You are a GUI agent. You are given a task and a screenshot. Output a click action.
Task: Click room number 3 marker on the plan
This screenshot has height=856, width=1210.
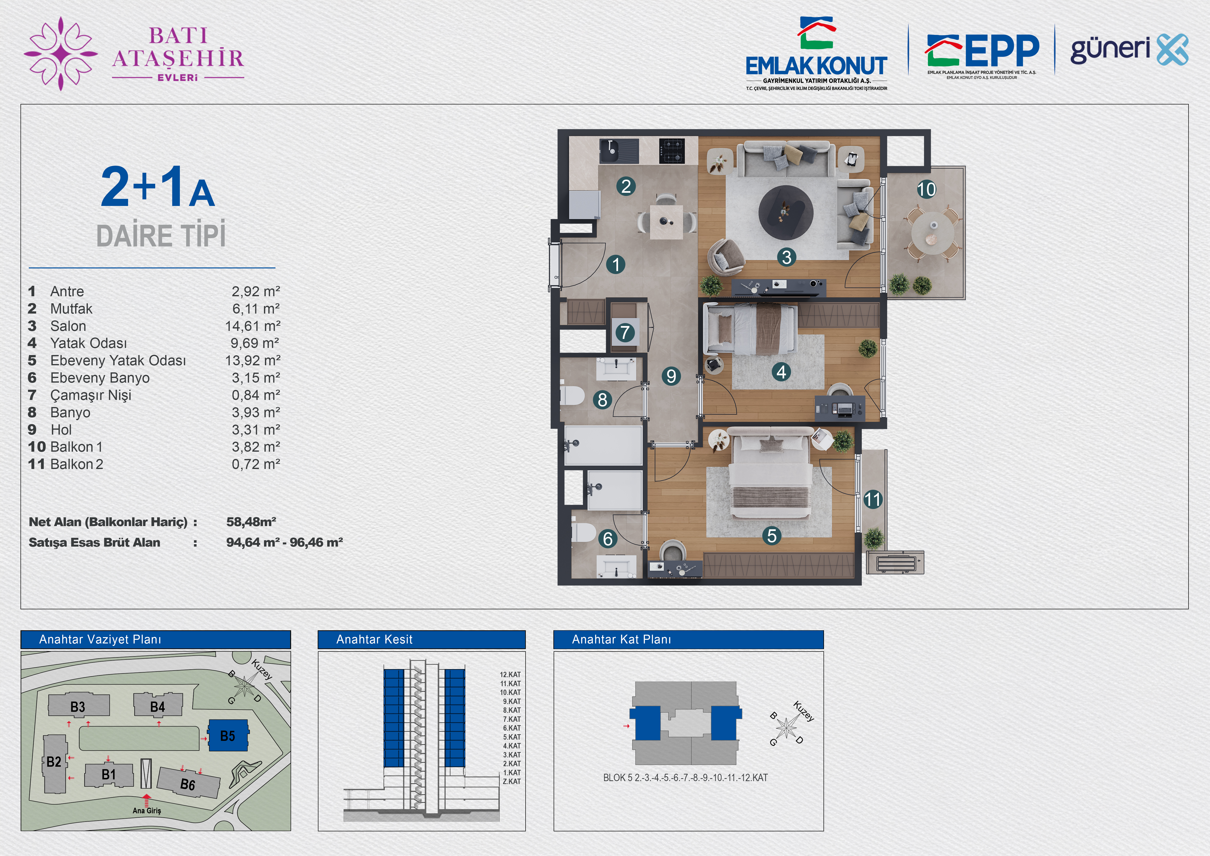click(x=786, y=257)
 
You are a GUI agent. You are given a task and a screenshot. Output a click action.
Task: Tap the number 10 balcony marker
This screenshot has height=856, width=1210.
click(x=926, y=189)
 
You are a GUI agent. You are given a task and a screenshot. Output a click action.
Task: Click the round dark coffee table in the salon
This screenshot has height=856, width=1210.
click(x=786, y=213)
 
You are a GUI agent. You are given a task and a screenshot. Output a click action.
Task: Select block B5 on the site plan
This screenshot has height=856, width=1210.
click(x=228, y=736)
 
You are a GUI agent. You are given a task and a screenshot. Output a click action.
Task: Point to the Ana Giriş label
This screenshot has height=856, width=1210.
click(x=146, y=811)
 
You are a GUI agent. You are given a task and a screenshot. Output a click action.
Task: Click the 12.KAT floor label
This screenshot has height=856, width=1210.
click(x=510, y=675)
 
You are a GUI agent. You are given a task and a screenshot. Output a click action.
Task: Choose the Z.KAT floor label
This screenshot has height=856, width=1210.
click(x=511, y=782)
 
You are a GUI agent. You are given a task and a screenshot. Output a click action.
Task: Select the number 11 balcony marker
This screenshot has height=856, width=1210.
click(x=873, y=499)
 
